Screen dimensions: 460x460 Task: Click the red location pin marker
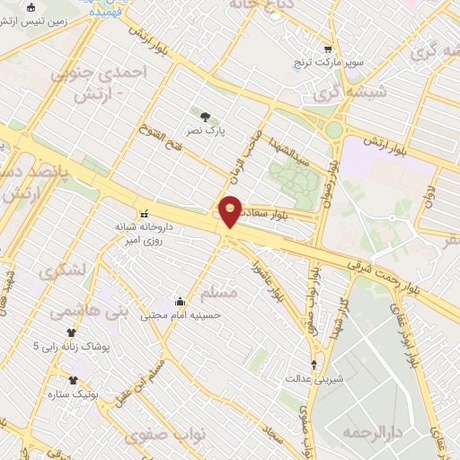point(231,210)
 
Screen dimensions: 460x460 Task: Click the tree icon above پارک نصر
point(205,116)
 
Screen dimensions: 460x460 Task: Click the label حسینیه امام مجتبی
point(183,315)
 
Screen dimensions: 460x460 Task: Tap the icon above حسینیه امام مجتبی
point(180,301)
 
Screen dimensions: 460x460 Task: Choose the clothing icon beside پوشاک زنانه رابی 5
point(71,346)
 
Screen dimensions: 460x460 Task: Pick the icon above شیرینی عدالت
point(314,364)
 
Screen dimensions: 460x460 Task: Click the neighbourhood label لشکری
point(66,269)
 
